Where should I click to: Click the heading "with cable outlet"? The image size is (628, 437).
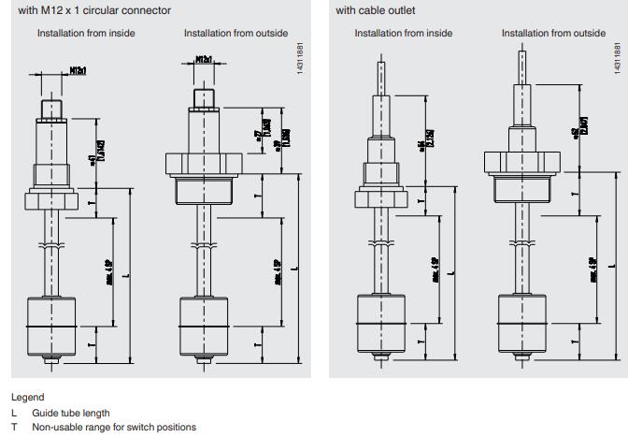click(x=376, y=10)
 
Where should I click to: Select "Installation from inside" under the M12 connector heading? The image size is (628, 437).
click(x=86, y=34)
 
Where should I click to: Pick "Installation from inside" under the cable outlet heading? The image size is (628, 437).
click(x=404, y=34)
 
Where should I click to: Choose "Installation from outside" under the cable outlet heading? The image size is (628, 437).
click(x=553, y=34)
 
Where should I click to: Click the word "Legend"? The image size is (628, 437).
click(x=27, y=397)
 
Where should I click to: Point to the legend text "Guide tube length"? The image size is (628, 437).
click(x=70, y=413)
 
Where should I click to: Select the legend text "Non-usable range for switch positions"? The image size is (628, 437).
click(x=114, y=427)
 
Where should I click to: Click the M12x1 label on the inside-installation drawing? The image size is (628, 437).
click(x=78, y=70)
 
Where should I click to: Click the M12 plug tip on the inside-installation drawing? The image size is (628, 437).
click(x=50, y=94)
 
